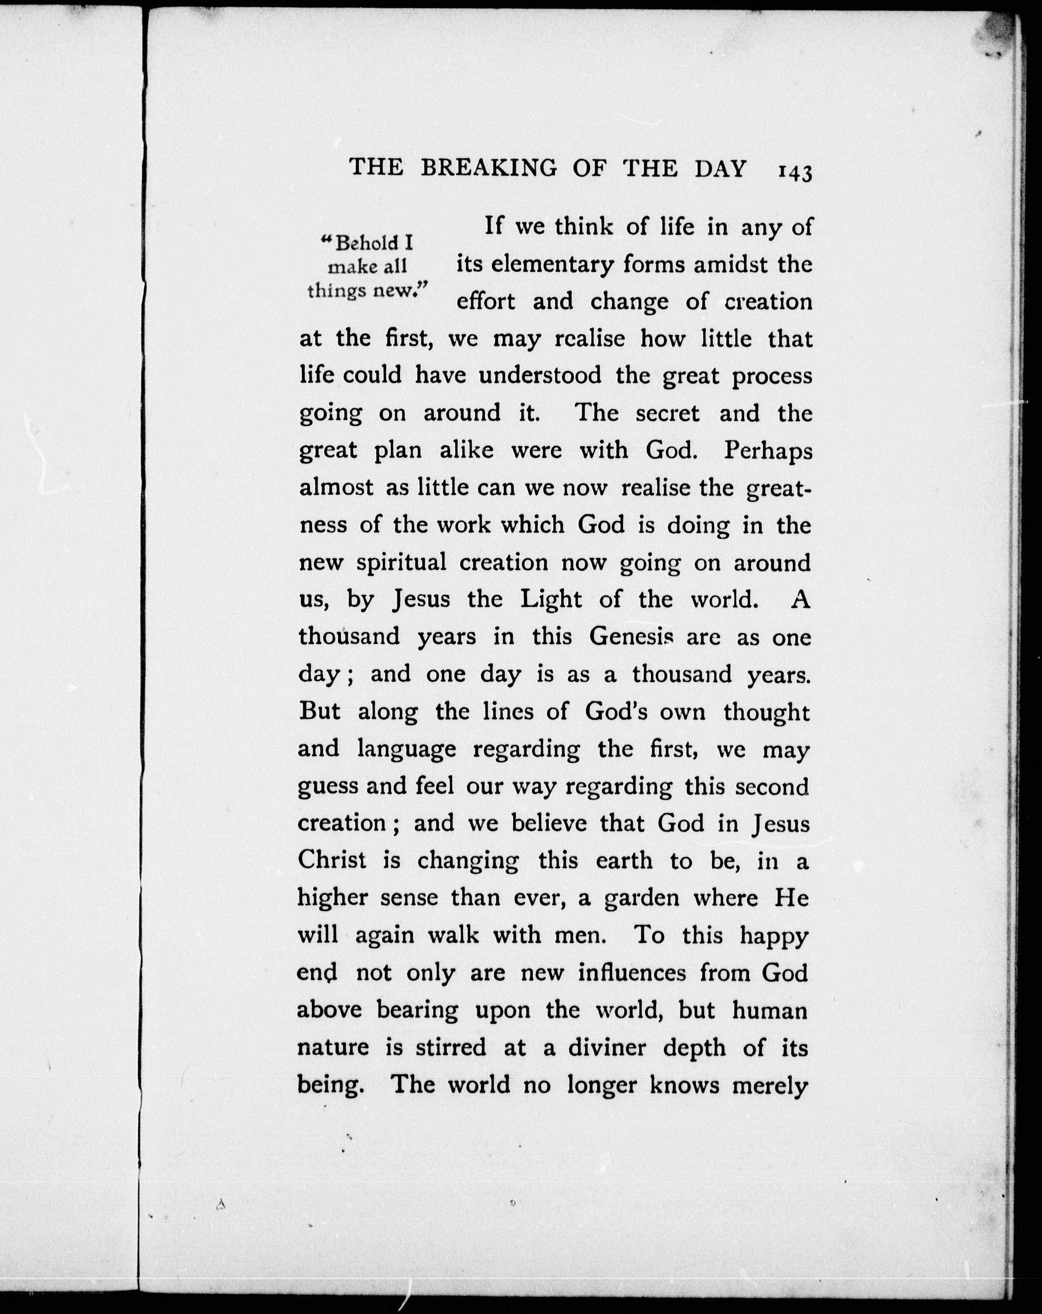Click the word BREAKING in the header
click(488, 169)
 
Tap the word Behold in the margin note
click(369, 243)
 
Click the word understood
click(540, 375)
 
